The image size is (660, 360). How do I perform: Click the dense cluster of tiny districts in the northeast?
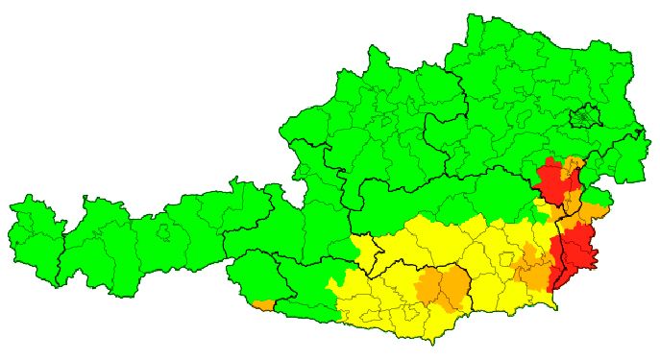pyautogui.click(x=584, y=118)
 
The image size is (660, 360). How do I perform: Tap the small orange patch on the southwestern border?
pyautogui.click(x=264, y=305)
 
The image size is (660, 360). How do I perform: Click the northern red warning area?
pyautogui.click(x=551, y=181)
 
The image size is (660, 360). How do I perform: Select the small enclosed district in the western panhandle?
pyautogui.click(x=163, y=231)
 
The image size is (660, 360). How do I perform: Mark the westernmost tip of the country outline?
pyautogui.click(x=9, y=206)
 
